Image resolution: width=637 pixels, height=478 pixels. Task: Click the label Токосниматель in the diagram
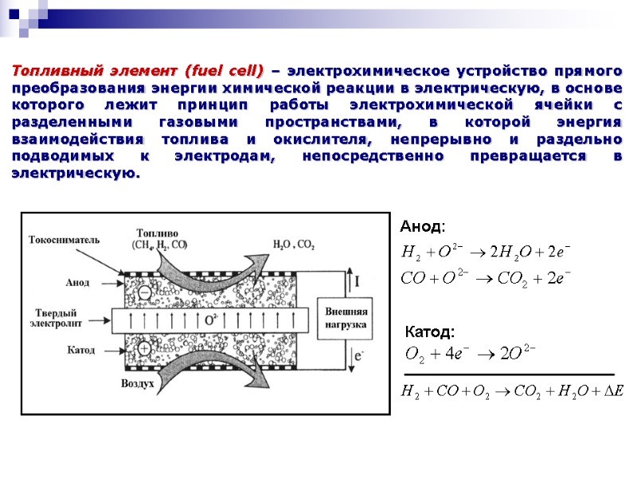click(64, 239)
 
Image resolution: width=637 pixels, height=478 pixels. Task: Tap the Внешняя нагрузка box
click(345, 318)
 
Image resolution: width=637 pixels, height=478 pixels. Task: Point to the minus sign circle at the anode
click(144, 292)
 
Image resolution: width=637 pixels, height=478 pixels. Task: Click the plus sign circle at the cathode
click(144, 348)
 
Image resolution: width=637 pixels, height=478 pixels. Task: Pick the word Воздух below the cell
click(138, 383)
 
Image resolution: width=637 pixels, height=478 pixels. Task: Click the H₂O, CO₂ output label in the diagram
click(294, 244)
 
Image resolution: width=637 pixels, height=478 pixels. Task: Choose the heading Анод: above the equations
click(422, 227)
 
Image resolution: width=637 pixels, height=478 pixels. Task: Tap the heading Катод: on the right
click(430, 331)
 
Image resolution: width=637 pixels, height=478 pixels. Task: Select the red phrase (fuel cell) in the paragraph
click(222, 71)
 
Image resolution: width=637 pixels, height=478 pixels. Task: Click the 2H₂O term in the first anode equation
click(512, 253)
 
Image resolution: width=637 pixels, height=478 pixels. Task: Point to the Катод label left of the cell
click(81, 350)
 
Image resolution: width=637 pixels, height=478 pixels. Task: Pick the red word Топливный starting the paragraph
click(52, 71)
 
